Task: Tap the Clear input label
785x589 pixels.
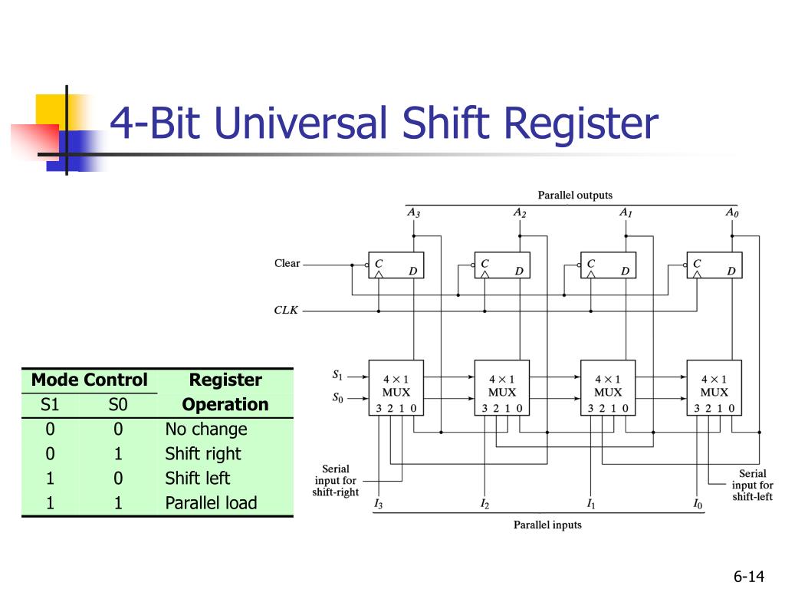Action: pyautogui.click(x=287, y=263)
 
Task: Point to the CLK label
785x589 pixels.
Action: pyautogui.click(x=286, y=311)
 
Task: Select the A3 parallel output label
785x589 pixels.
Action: pyautogui.click(x=413, y=212)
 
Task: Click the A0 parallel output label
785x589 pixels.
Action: pyautogui.click(x=732, y=212)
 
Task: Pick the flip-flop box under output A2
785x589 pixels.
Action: pyautogui.click(x=501, y=265)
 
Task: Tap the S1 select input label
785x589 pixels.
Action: pyautogui.click(x=337, y=375)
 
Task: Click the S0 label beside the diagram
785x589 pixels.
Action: pyautogui.click(x=337, y=397)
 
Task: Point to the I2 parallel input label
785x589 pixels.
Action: pyautogui.click(x=484, y=504)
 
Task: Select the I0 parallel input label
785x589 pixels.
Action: pyautogui.click(x=697, y=504)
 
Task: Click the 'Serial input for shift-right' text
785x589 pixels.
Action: pyautogui.click(x=335, y=481)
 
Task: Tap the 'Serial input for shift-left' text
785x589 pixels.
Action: pyautogui.click(x=752, y=485)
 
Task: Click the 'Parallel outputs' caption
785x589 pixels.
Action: pyautogui.click(x=575, y=196)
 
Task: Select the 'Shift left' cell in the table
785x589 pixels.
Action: pyautogui.click(x=197, y=479)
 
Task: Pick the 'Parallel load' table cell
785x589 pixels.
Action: pyautogui.click(x=211, y=503)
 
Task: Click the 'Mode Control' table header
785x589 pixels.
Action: pyautogui.click(x=89, y=380)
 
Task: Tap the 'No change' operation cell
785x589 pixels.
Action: pyautogui.click(x=206, y=429)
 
